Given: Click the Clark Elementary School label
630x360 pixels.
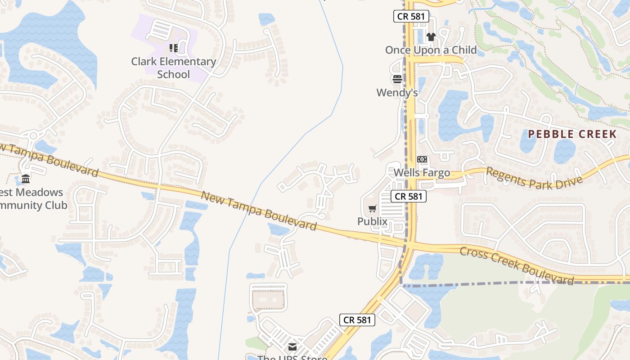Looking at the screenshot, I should (173, 67).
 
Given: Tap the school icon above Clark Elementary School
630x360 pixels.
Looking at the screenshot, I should (173, 48).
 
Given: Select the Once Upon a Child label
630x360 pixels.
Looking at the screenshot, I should (431, 50).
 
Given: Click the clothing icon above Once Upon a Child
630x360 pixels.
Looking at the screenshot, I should (431, 37).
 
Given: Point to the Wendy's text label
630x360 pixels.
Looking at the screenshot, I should (397, 93).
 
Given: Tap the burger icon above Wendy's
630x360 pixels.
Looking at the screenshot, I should (397, 80).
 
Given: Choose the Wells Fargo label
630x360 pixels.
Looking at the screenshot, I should (422, 173).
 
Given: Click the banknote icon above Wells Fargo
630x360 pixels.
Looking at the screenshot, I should (422, 159).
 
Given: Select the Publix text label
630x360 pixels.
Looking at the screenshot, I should (372, 221).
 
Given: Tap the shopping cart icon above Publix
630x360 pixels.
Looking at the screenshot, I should (373, 208).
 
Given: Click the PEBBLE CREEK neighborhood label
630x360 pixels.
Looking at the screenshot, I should (572, 134).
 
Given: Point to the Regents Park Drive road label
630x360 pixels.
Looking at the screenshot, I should (534, 178).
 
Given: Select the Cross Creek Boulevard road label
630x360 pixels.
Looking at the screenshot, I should (517, 265).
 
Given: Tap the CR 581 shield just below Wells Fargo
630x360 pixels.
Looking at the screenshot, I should (408, 196).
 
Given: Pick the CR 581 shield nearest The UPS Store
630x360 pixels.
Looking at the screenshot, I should (357, 320).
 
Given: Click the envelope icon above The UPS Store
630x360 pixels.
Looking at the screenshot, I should (292, 346).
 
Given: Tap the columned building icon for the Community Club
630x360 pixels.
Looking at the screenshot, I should (26, 179).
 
